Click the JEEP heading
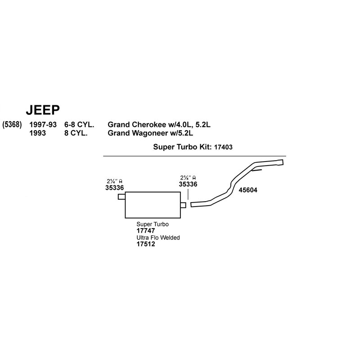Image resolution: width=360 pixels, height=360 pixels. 43,110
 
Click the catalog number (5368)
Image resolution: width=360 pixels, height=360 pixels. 12,125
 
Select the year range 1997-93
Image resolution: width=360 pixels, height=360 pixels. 43,125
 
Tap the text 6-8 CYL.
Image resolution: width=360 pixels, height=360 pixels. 79,125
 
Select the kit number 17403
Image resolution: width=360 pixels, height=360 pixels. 223,147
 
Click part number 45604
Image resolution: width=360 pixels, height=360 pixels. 248,190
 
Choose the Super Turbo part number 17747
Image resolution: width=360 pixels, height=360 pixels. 145,230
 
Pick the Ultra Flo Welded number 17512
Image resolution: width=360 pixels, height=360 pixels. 145,244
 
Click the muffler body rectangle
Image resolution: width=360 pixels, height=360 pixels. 153,205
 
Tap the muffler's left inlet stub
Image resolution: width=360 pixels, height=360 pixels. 121,197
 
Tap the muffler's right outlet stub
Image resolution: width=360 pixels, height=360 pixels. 183,205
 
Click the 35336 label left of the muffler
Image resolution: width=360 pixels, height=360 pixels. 115,188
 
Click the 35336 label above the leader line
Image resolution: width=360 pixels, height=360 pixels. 188,184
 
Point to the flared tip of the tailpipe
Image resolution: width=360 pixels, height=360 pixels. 280,162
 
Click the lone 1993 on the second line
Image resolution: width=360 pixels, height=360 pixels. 37,133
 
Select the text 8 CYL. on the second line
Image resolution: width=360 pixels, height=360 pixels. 76,133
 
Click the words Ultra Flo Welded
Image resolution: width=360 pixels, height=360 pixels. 158,238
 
